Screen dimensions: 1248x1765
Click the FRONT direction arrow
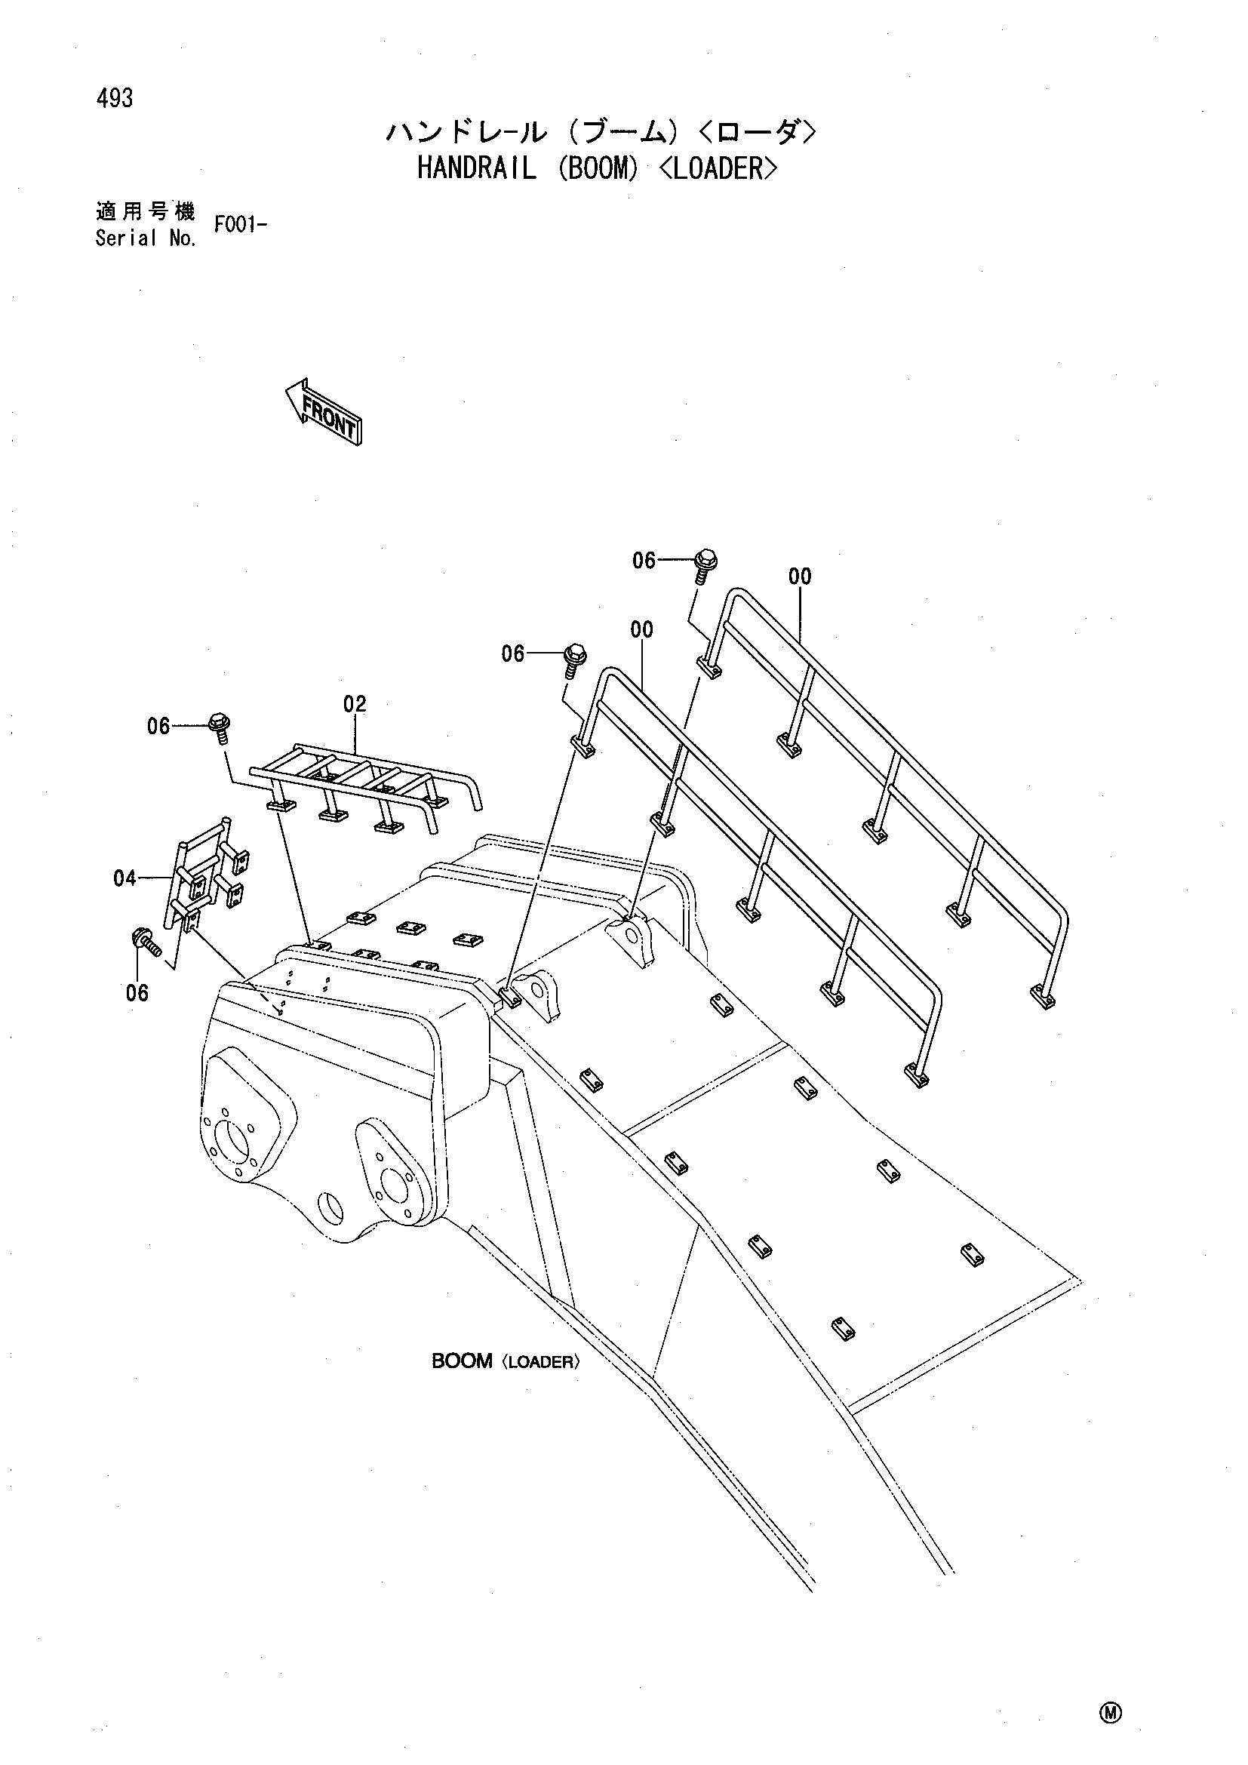click(323, 411)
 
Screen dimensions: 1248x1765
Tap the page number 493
click(115, 98)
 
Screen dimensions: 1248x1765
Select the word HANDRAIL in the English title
click(476, 168)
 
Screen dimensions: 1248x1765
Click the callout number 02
click(355, 703)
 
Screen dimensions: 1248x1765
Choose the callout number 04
click(124, 878)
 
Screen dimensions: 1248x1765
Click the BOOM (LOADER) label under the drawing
click(505, 1361)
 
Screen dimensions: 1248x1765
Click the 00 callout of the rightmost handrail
click(800, 576)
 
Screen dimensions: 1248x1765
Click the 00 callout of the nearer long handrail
click(641, 629)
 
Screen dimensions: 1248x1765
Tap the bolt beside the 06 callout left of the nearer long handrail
click(574, 660)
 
